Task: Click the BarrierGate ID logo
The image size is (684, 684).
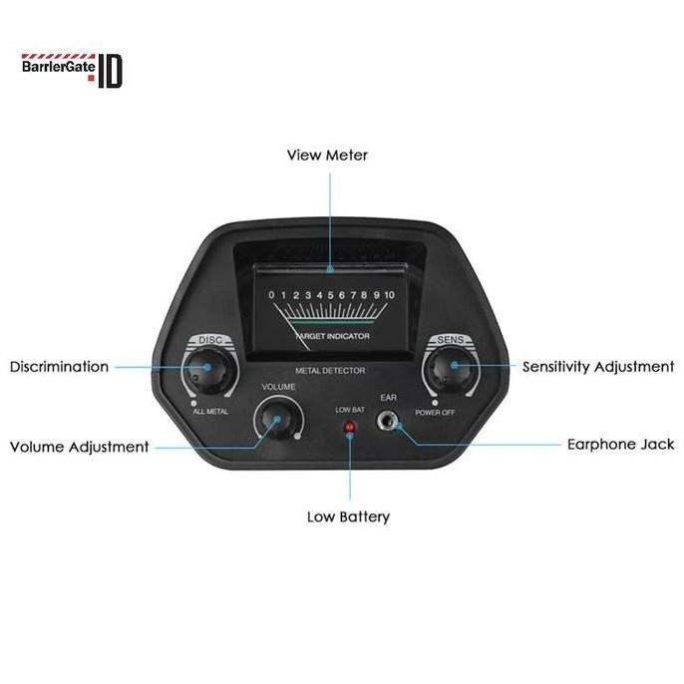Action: pos(71,70)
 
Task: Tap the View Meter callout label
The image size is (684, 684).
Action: pos(327,156)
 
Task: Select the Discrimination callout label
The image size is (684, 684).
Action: pos(59,367)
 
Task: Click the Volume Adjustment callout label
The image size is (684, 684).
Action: pos(79,447)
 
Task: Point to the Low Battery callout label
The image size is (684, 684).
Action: pos(348,516)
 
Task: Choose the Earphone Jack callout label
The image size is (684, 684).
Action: pos(620,445)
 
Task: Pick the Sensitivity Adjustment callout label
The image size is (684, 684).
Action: pos(598,367)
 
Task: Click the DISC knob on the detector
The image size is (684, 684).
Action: pos(211,371)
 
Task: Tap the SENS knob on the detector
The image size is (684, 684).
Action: pos(447,371)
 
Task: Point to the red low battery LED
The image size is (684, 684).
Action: pos(350,427)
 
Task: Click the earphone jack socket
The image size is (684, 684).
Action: pos(387,424)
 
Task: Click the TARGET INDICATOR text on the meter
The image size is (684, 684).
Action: pos(335,337)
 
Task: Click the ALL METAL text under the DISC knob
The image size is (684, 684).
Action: pos(210,410)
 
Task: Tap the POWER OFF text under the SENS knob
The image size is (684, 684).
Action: pos(436,410)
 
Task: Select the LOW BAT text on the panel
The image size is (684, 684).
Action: pos(350,409)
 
